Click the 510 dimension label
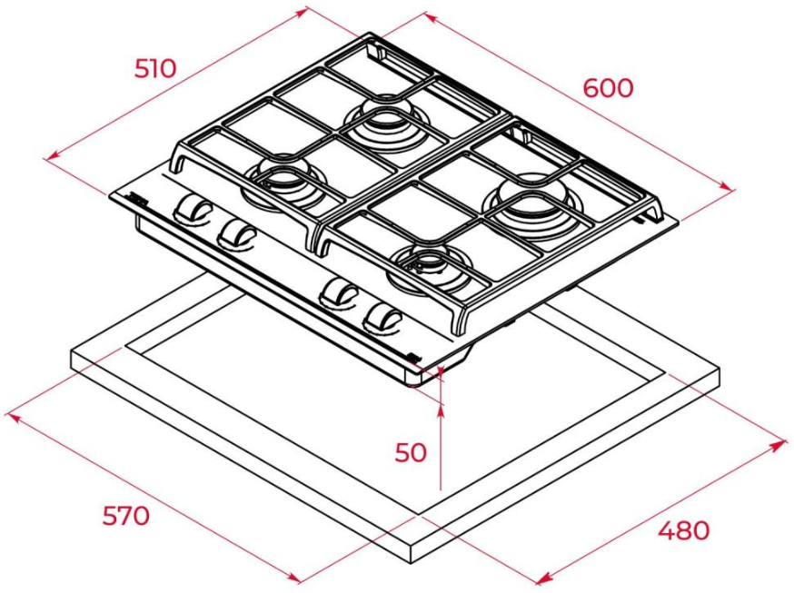pyautogui.click(x=155, y=68)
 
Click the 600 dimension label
pyautogui.click(x=608, y=88)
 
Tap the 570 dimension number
pyautogui.click(x=126, y=516)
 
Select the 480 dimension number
pyautogui.click(x=684, y=530)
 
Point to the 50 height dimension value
pyautogui.click(x=411, y=452)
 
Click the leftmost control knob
pyautogui.click(x=193, y=208)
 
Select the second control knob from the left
pyautogui.click(x=237, y=234)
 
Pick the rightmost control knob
pyautogui.click(x=383, y=318)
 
